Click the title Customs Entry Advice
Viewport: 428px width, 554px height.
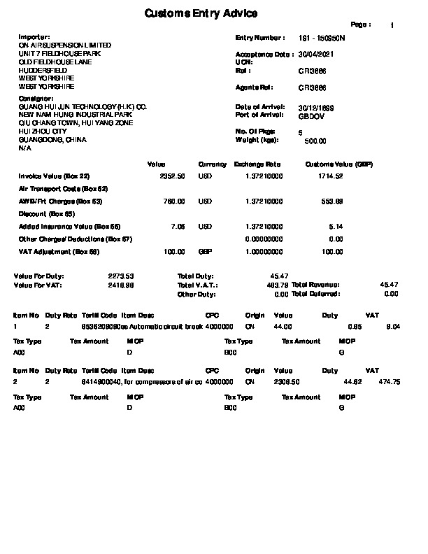coord(201,14)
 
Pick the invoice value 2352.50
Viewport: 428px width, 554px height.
coord(173,176)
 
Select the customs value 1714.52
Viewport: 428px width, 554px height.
coord(330,176)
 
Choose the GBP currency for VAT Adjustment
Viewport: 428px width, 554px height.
coord(205,251)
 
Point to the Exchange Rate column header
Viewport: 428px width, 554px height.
coord(257,164)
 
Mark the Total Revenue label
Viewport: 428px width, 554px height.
coord(315,285)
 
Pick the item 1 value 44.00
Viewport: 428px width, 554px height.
coord(283,327)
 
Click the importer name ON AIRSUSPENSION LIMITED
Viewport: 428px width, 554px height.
coord(64,45)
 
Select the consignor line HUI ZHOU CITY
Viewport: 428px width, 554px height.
coord(43,132)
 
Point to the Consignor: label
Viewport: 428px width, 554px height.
coord(36,99)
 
